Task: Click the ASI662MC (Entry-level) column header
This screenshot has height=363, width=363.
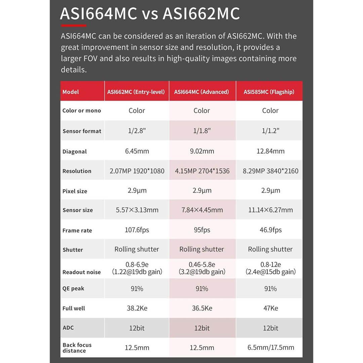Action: (137, 92)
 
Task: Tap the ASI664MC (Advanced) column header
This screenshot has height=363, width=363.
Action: (202, 92)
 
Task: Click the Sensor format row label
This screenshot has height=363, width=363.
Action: (82, 131)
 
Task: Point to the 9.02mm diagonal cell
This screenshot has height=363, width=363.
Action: (202, 151)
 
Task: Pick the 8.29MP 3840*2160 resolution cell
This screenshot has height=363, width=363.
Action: (270, 171)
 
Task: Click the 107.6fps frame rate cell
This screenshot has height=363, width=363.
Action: (137, 230)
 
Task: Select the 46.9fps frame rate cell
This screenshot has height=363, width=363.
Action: (270, 230)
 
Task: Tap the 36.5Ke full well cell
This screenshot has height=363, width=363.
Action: (202, 308)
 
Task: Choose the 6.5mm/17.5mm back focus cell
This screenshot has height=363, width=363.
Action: (270, 348)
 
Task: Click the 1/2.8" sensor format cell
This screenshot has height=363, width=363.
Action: (137, 131)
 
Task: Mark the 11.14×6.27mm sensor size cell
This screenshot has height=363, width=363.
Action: (270, 210)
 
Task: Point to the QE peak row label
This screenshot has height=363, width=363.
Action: (73, 289)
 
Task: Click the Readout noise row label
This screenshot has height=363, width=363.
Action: (81, 272)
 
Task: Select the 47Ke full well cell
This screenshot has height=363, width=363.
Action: (270, 308)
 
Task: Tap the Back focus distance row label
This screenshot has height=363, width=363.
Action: (77, 348)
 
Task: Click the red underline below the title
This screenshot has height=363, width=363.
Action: (73, 26)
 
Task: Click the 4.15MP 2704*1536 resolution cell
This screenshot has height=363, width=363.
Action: (202, 171)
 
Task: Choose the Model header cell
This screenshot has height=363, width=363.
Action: (70, 92)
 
